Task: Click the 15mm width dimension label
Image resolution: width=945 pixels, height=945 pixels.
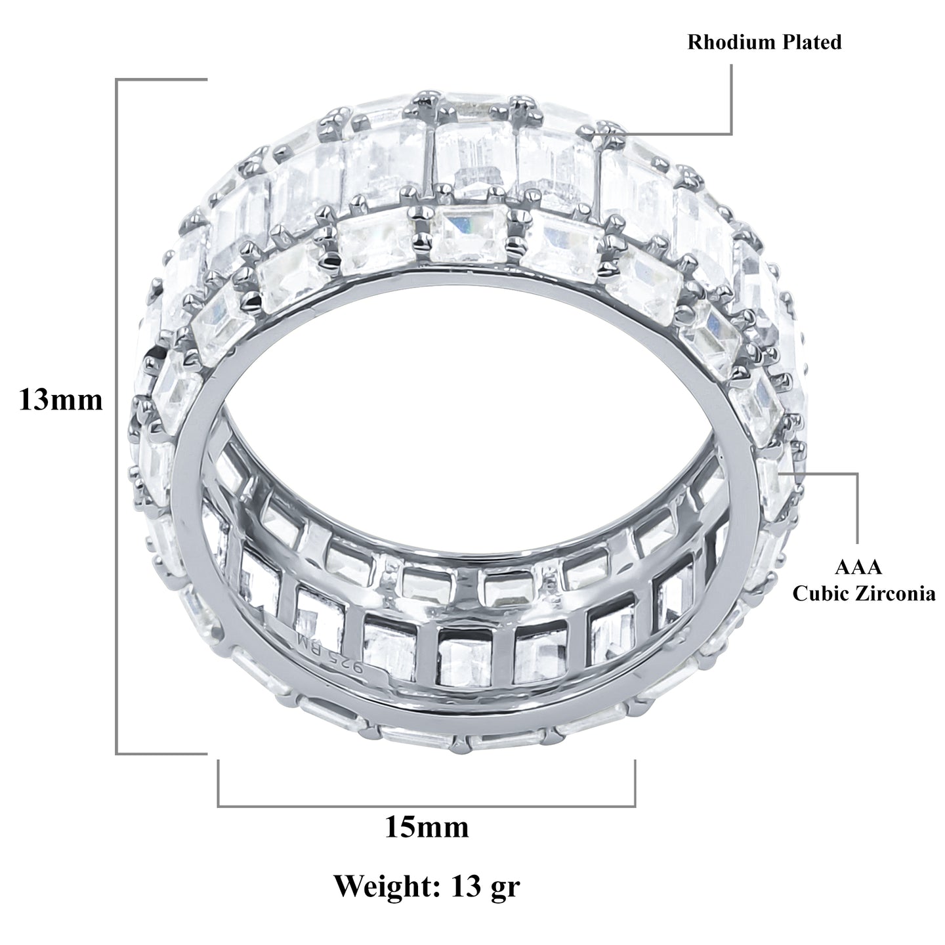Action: point(426,827)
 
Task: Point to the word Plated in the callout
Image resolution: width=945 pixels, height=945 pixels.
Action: point(811,43)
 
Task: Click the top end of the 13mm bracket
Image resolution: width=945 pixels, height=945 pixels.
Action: point(207,79)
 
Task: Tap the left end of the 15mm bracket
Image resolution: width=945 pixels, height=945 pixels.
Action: point(219,761)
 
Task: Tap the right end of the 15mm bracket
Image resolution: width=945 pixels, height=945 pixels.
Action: point(635,761)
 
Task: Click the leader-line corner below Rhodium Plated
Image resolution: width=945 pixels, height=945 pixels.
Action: point(731,134)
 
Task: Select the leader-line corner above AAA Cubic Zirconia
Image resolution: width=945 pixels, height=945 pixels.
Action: point(857,472)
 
